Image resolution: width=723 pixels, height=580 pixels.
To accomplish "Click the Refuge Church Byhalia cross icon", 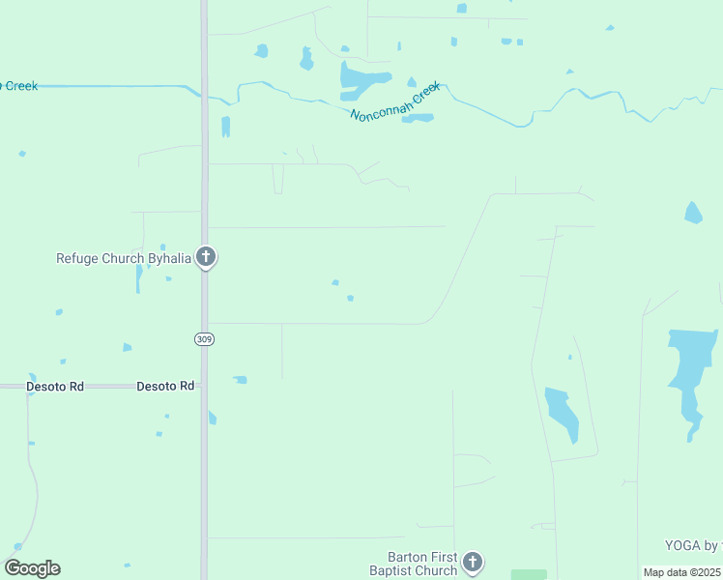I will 205,257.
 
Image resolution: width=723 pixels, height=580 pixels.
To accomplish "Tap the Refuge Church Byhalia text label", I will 123,258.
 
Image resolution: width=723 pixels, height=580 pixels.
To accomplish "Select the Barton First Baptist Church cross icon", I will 472,562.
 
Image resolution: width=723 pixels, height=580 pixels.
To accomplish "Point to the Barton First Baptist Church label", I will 422,564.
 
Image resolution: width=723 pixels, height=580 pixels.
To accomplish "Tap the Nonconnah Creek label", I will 394,101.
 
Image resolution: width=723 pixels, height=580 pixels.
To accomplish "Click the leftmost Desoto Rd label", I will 56,386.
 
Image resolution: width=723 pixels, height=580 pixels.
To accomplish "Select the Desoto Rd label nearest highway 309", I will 165,386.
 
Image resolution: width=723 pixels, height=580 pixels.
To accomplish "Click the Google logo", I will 33,568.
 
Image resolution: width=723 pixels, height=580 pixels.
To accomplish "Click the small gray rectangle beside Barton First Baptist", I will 528,574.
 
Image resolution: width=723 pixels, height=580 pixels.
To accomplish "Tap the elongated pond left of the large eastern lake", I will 562,413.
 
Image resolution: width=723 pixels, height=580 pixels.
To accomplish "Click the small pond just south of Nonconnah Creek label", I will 418,119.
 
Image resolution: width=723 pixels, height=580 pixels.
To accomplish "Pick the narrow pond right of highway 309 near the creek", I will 226,127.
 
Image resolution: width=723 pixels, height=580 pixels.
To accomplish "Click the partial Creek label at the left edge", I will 19,86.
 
